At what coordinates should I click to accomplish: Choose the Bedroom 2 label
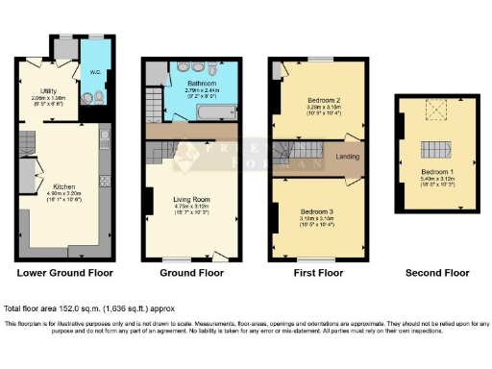[x=312, y=99]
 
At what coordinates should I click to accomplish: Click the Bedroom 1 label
[x=436, y=171]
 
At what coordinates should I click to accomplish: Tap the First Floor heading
[x=317, y=273]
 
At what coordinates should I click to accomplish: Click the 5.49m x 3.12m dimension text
[x=436, y=179]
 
